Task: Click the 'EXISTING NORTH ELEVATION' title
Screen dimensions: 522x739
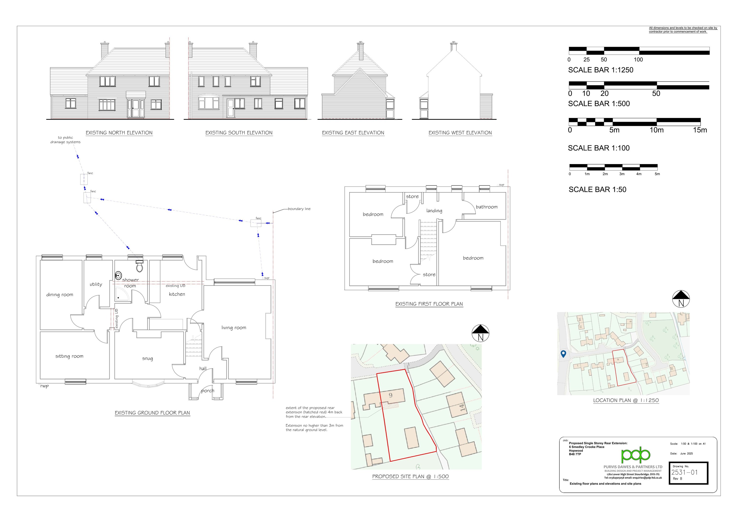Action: tap(119, 133)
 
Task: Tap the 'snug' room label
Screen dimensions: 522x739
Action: tap(147, 358)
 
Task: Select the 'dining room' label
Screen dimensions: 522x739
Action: tap(60, 294)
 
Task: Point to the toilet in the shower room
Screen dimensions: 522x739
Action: tap(140, 267)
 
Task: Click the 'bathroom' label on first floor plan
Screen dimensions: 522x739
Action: tap(487, 207)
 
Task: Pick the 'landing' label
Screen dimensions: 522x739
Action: tap(434, 211)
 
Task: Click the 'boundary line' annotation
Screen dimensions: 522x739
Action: tap(299, 209)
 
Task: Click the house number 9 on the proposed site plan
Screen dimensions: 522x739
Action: tap(390, 395)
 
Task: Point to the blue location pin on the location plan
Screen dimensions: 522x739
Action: tap(563, 354)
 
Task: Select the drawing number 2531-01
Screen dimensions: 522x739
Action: tap(684, 472)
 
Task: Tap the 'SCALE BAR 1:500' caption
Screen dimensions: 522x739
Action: tap(599, 104)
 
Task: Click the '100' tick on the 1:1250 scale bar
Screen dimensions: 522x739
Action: tap(638, 60)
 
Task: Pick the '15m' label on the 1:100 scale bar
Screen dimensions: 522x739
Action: tap(700, 130)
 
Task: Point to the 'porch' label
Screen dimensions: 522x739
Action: tap(208, 391)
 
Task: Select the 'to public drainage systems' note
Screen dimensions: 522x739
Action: tap(65, 140)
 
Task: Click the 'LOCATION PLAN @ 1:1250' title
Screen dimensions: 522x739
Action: tap(626, 400)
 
